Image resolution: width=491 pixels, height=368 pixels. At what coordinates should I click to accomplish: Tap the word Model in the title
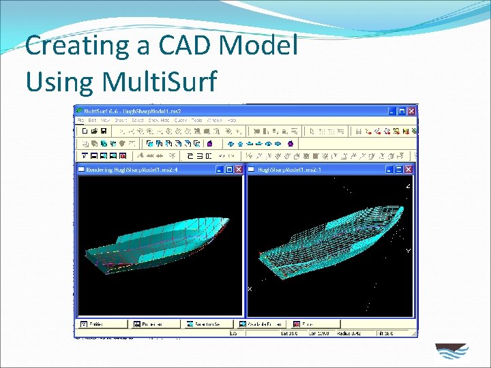[261, 46]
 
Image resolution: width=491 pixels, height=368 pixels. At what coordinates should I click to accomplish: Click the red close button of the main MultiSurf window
[412, 110]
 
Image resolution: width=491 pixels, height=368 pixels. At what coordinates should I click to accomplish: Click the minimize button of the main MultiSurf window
[391, 110]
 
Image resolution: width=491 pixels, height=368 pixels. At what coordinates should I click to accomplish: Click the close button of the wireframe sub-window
[408, 169]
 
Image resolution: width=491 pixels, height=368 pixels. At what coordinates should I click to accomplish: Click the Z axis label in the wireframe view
[408, 185]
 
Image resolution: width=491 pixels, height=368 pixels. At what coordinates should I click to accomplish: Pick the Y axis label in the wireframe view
[408, 251]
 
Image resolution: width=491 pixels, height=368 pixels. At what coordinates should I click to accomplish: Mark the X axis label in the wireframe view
[250, 289]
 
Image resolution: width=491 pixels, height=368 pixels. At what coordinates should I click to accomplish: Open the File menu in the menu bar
[81, 120]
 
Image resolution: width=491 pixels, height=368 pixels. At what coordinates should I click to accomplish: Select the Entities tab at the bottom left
[95, 324]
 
